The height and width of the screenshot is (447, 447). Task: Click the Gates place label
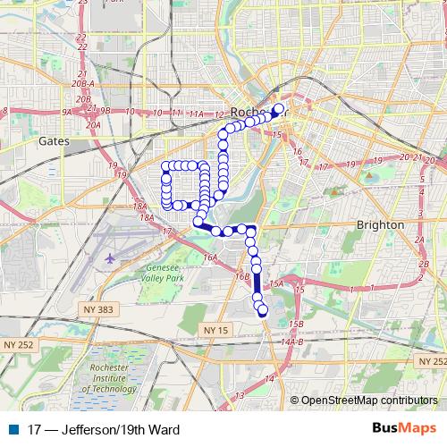pyautogui.click(x=55, y=140)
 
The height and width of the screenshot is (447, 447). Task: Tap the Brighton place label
pyautogui.click(x=381, y=224)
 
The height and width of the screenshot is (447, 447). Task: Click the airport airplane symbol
pyautogui.click(x=110, y=258)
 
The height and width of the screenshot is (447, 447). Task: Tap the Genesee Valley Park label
pyautogui.click(x=163, y=272)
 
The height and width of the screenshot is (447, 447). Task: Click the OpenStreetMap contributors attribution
pyautogui.click(x=369, y=400)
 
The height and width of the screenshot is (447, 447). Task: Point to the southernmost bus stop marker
pyautogui.click(x=263, y=310)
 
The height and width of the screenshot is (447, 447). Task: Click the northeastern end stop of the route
pyautogui.click(x=278, y=109)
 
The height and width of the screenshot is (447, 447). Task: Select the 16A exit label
pyautogui.click(x=210, y=257)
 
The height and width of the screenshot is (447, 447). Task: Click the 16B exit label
pyautogui.click(x=241, y=277)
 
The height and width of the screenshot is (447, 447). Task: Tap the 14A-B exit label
pyautogui.click(x=291, y=342)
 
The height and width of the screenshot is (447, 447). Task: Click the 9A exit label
pyautogui.click(x=66, y=112)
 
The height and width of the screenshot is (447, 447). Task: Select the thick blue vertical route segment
pyautogui.click(x=257, y=285)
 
